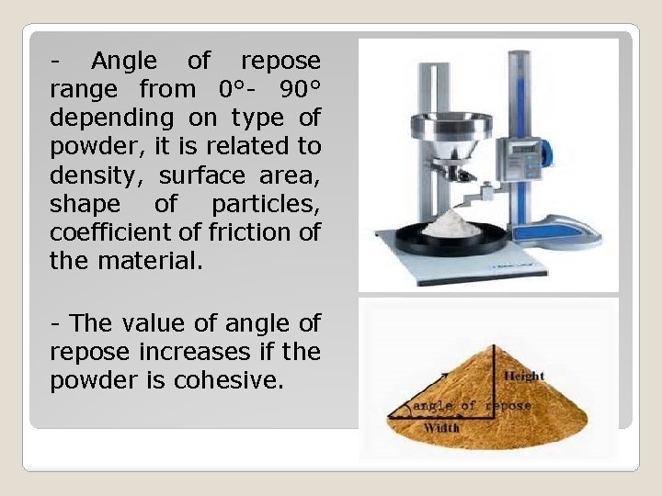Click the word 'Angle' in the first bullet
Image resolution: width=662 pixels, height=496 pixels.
124,62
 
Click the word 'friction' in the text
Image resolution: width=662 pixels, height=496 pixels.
247,231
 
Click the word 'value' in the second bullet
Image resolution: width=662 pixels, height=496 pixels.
148,322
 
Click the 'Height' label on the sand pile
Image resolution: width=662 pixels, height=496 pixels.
524,375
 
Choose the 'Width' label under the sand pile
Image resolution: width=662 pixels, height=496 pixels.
442,428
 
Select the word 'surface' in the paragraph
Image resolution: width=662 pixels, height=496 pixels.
200,175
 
